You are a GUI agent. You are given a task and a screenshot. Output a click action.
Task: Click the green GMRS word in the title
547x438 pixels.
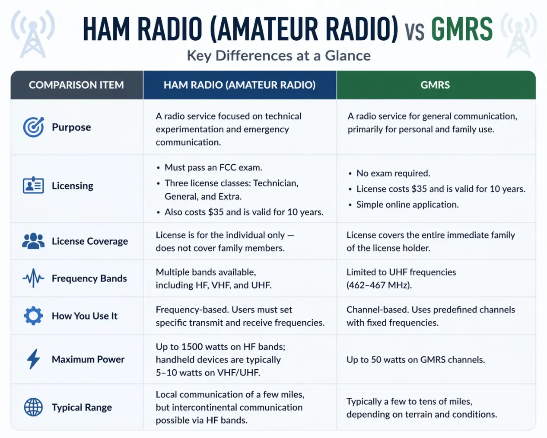click(x=462, y=29)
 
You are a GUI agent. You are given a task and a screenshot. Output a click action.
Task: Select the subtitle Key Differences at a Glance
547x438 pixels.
click(x=279, y=56)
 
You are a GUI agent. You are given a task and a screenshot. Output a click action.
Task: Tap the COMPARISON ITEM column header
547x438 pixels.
click(x=76, y=85)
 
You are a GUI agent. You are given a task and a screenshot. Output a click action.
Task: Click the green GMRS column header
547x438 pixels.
click(x=435, y=85)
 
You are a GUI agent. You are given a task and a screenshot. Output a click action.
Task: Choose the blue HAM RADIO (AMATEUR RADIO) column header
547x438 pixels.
click(x=239, y=85)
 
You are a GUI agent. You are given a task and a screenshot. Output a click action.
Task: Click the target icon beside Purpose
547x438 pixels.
click(x=33, y=127)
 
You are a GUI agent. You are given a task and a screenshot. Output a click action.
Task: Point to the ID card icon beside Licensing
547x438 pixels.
click(x=33, y=185)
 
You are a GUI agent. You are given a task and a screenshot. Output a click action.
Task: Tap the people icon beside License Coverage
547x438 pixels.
click(x=33, y=241)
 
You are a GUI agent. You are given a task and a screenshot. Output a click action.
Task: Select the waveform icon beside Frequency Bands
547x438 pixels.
click(x=33, y=278)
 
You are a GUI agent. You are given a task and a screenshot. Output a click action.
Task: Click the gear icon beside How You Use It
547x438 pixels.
click(x=33, y=316)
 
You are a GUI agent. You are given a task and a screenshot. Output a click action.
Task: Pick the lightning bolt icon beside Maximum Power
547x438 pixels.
click(x=33, y=359)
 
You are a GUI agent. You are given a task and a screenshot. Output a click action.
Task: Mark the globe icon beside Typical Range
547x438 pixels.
click(x=33, y=407)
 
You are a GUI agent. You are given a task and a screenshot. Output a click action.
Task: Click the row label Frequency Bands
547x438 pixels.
click(x=89, y=278)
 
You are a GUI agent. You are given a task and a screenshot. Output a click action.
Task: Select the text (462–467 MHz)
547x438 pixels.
click(x=379, y=285)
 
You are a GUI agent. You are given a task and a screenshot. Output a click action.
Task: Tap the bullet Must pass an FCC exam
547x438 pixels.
click(x=213, y=167)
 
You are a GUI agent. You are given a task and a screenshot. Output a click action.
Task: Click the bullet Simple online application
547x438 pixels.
click(x=407, y=205)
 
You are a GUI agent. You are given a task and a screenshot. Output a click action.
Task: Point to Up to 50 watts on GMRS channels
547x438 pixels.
click(x=415, y=360)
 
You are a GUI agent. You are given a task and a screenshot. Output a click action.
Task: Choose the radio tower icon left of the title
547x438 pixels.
click(x=33, y=35)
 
